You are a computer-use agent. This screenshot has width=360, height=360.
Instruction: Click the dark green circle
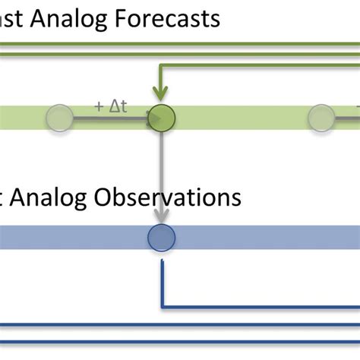161,117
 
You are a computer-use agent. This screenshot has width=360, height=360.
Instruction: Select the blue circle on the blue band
161,238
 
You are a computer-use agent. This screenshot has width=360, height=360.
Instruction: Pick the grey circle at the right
321,117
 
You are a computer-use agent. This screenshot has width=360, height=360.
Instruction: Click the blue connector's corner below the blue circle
162,307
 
